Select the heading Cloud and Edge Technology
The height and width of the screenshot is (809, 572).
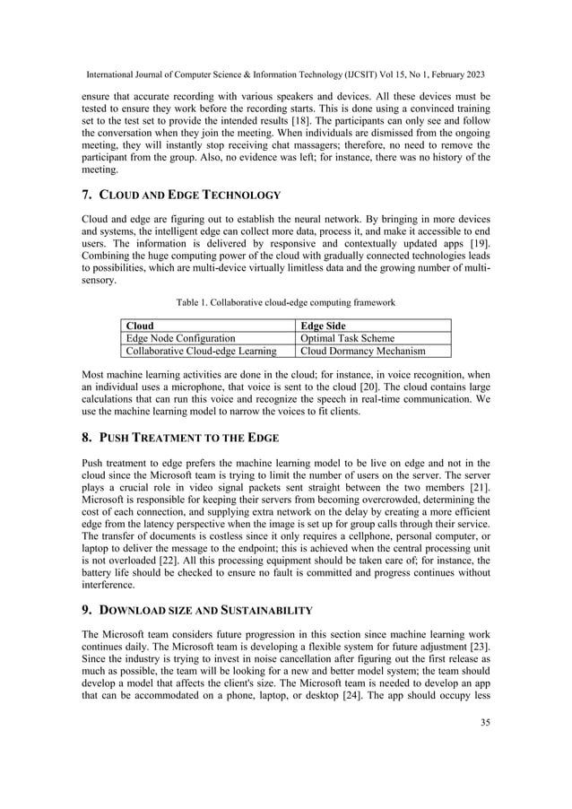[180, 196]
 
